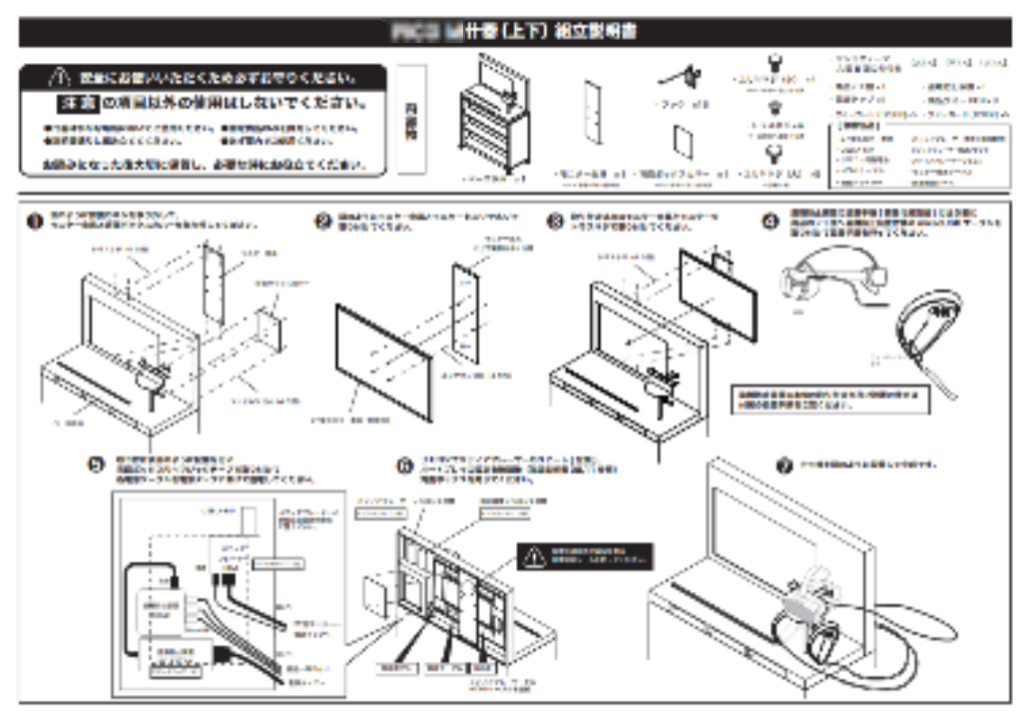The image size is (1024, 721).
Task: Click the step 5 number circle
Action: [x=97, y=466]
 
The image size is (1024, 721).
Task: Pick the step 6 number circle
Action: [x=404, y=466]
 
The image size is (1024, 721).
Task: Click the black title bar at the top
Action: [x=512, y=32]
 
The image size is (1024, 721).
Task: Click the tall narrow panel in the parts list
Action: [x=592, y=118]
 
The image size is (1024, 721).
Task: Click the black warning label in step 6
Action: [x=584, y=556]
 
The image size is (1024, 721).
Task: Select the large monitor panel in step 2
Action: [x=383, y=362]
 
